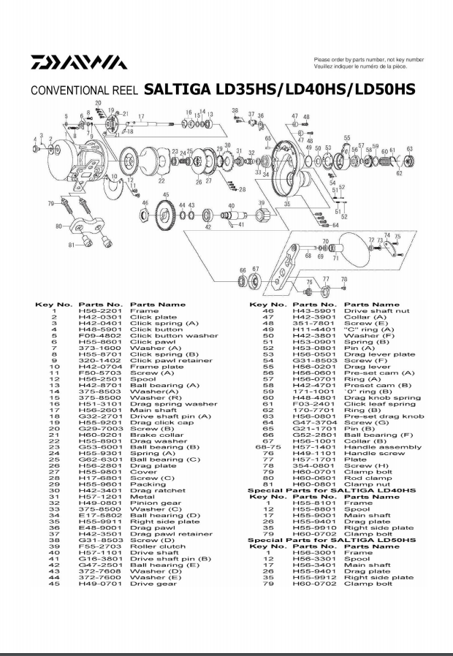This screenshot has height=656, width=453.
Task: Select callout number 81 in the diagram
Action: pyautogui.click(x=70, y=245)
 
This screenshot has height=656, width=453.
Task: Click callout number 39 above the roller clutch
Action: pyautogui.click(x=261, y=202)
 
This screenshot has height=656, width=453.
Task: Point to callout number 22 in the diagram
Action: pyautogui.click(x=161, y=180)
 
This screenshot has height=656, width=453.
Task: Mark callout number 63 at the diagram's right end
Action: pyautogui.click(x=410, y=149)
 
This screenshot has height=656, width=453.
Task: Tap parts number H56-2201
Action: pyautogui.click(x=94, y=310)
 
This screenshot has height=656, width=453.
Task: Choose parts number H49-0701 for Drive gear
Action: pyautogui.click(x=94, y=583)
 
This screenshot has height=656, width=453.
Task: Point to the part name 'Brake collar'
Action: pyautogui.click(x=152, y=435)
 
